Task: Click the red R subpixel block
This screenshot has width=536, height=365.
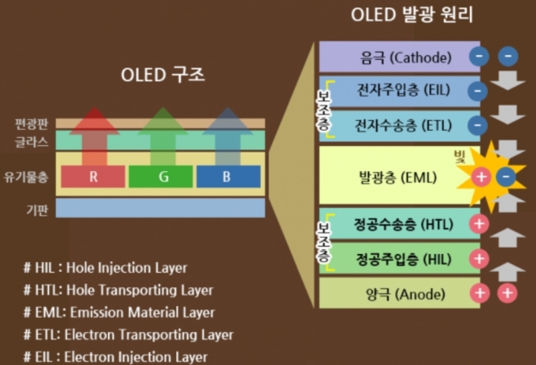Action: [93, 177]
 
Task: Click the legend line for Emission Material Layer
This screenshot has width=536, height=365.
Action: [119, 312]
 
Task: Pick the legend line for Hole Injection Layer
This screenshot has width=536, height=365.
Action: [105, 267]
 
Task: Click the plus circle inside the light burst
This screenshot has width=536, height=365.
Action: [481, 178]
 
